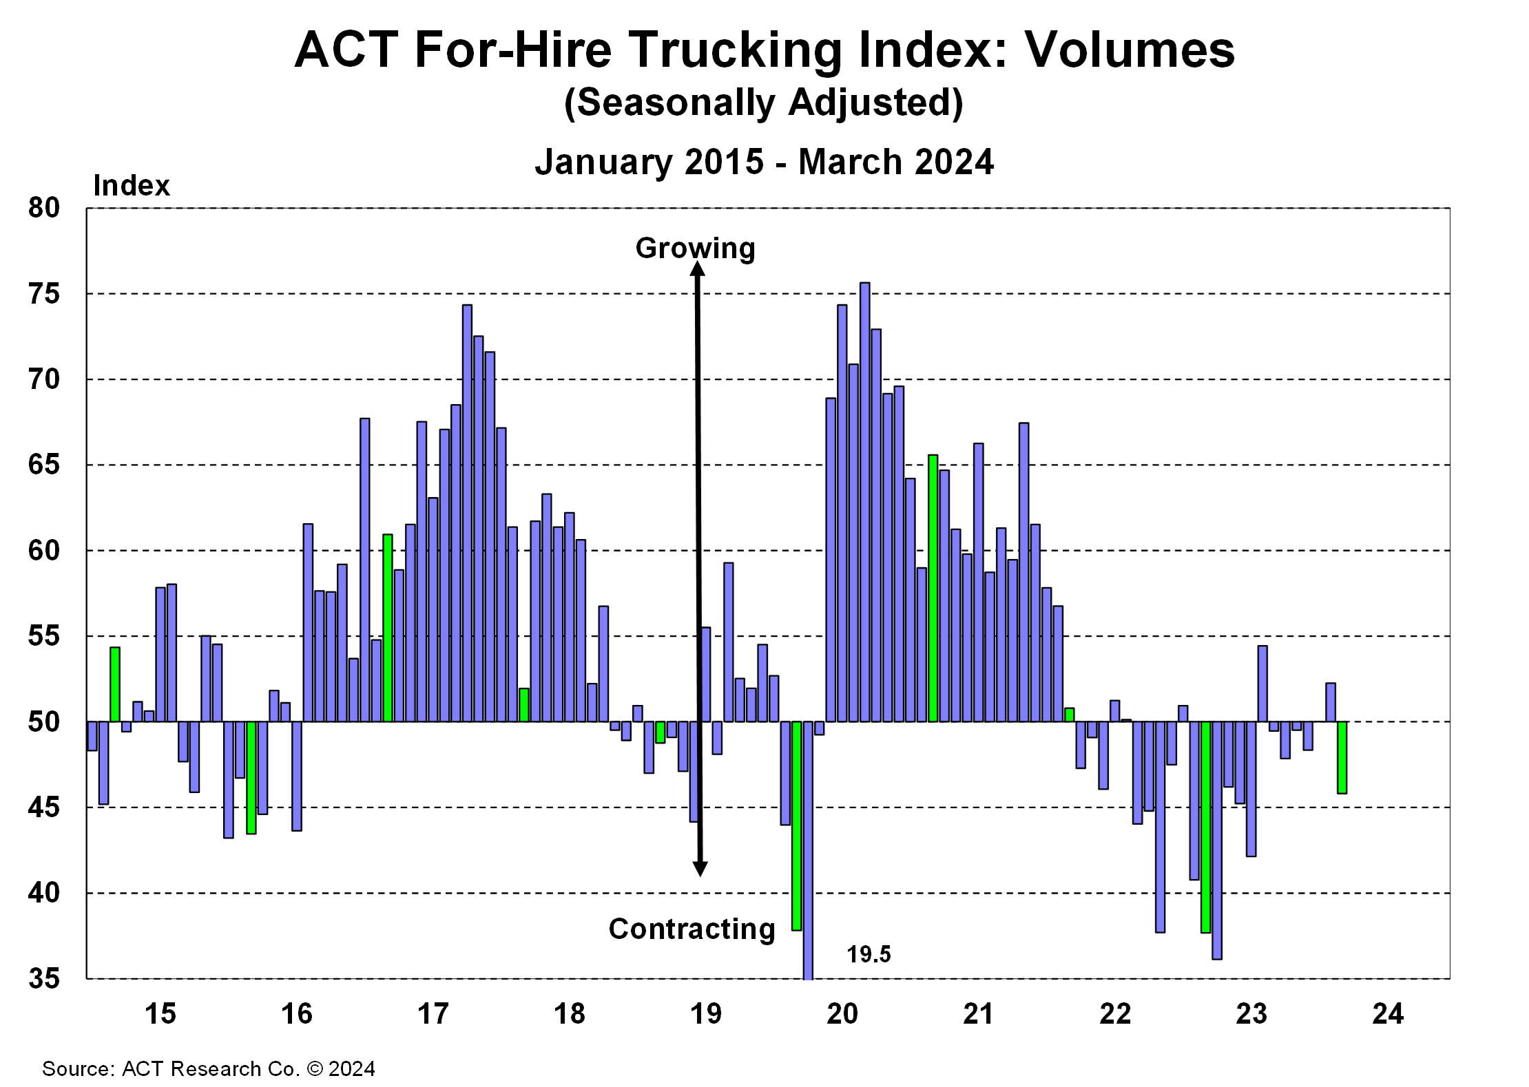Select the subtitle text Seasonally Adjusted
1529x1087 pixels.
coord(763,103)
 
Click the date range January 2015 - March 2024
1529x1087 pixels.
coord(764,162)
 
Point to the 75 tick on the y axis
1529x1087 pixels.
coord(44,294)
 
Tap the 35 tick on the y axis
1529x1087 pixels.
coord(44,978)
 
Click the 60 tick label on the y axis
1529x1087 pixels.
coord(44,551)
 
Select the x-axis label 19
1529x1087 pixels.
coord(706,1014)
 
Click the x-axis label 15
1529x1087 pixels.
coord(160,1014)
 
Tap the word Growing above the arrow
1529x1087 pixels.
coord(695,248)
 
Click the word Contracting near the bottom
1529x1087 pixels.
coord(691,929)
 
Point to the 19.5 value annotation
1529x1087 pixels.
coord(868,955)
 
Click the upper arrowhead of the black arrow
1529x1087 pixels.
coord(698,269)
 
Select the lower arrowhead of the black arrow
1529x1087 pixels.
coord(700,869)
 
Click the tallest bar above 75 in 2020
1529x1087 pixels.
coord(865,503)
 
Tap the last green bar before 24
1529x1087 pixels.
coord(1342,757)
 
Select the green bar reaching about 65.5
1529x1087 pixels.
coord(933,589)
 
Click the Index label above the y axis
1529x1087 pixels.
coord(131,186)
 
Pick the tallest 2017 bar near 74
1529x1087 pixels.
coord(467,513)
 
